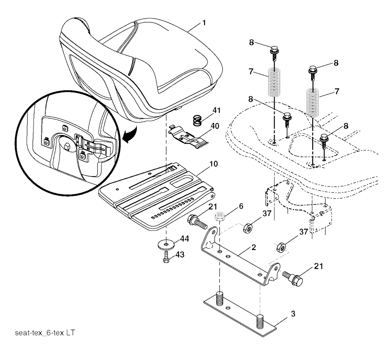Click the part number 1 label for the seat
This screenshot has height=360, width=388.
[204, 23]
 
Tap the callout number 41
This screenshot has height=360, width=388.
[216, 110]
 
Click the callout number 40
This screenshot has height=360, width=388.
[215, 126]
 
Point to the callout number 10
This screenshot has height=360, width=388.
[214, 164]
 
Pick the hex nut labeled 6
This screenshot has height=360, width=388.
[220, 217]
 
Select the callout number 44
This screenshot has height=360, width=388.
[185, 239]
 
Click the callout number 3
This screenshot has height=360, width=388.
[293, 314]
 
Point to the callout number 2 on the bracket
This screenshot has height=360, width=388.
[253, 247]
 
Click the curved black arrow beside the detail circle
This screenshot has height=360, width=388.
[130, 135]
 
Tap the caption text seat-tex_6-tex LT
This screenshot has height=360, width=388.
[45, 333]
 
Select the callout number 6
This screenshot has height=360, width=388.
[241, 206]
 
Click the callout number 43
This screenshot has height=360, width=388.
[180, 255]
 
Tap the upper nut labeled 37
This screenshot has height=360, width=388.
[248, 228]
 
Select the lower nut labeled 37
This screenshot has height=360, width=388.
[281, 247]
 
